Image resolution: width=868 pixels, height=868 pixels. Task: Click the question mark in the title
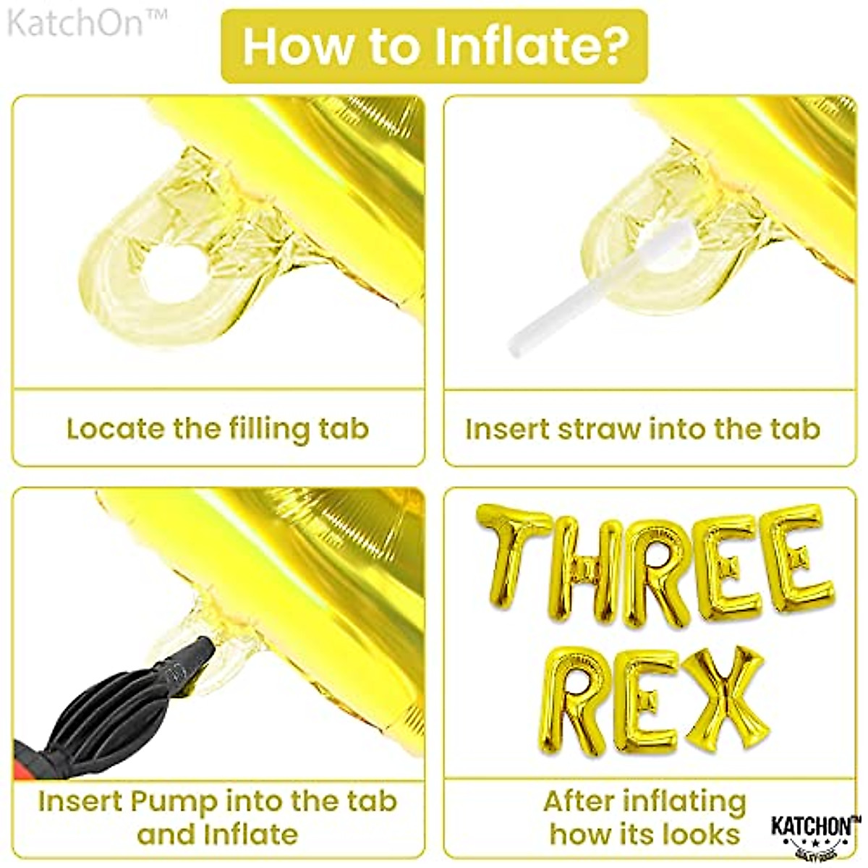pyautogui.click(x=612, y=46)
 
